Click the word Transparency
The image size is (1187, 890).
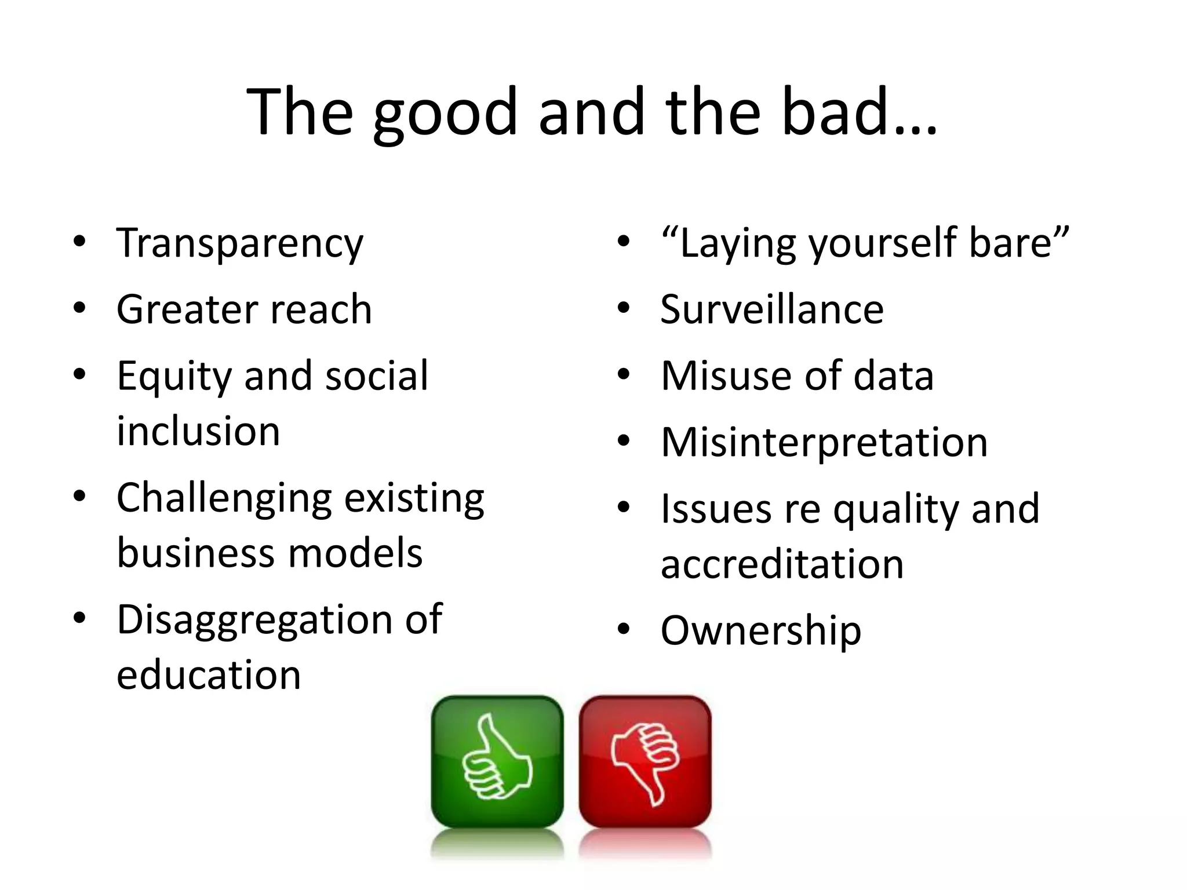click(x=240, y=243)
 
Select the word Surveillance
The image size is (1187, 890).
click(x=772, y=309)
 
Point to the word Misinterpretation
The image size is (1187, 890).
click(x=824, y=443)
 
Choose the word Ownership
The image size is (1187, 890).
click(x=761, y=630)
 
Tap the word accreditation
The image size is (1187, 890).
click(x=782, y=564)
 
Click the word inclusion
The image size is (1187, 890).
click(x=198, y=431)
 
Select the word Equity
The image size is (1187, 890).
click(x=174, y=377)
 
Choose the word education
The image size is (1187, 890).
click(x=209, y=675)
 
